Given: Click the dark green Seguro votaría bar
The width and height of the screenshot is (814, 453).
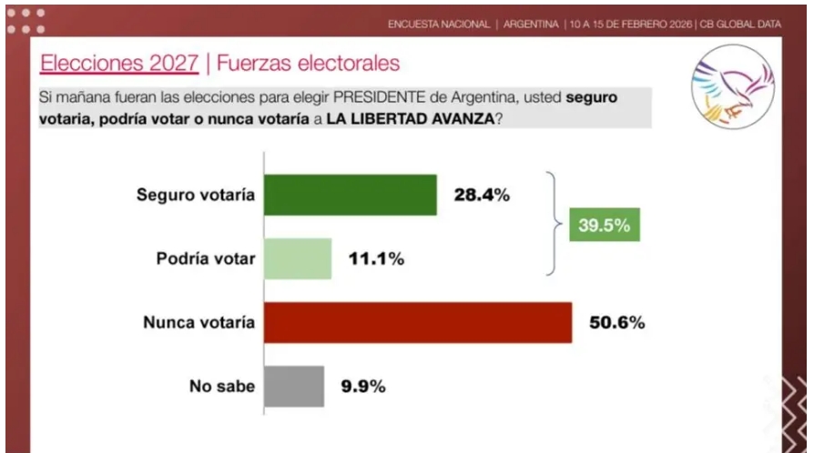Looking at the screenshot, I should click(351, 195).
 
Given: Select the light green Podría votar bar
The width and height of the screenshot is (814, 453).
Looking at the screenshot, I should click(298, 258).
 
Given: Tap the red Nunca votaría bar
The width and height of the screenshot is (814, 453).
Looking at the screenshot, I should click(418, 323).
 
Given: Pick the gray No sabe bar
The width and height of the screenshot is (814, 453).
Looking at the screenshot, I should click(294, 387).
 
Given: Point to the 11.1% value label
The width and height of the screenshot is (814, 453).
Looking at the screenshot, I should click(376, 259).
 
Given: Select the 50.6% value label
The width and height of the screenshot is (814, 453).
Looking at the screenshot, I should click(617, 323).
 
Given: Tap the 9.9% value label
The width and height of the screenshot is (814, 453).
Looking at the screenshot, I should click(363, 387).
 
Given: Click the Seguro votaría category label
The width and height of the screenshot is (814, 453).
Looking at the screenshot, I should click(196, 195).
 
